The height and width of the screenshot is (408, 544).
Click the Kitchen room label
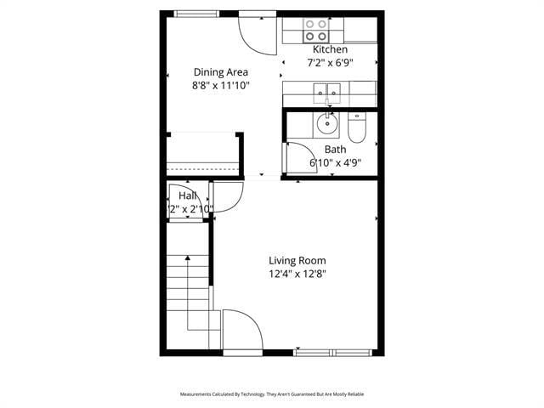(x=330, y=49)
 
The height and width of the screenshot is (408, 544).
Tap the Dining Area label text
(x=221, y=72)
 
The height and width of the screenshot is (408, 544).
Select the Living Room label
(x=297, y=261)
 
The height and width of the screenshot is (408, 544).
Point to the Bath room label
(x=335, y=150)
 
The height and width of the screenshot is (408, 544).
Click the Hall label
(x=188, y=196)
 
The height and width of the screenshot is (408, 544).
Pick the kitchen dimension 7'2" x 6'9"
(x=330, y=62)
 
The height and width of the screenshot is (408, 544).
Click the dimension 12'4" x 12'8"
(x=297, y=274)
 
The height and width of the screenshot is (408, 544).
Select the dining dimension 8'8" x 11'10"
(x=221, y=85)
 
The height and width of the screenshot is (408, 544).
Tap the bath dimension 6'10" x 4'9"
(x=335, y=162)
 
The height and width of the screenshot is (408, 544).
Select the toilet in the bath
(x=357, y=128)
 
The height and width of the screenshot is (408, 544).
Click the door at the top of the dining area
(x=254, y=32)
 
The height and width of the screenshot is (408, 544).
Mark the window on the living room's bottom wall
(x=332, y=352)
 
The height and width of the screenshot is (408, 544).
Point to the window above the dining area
(x=195, y=13)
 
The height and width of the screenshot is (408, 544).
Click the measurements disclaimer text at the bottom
(x=272, y=394)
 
